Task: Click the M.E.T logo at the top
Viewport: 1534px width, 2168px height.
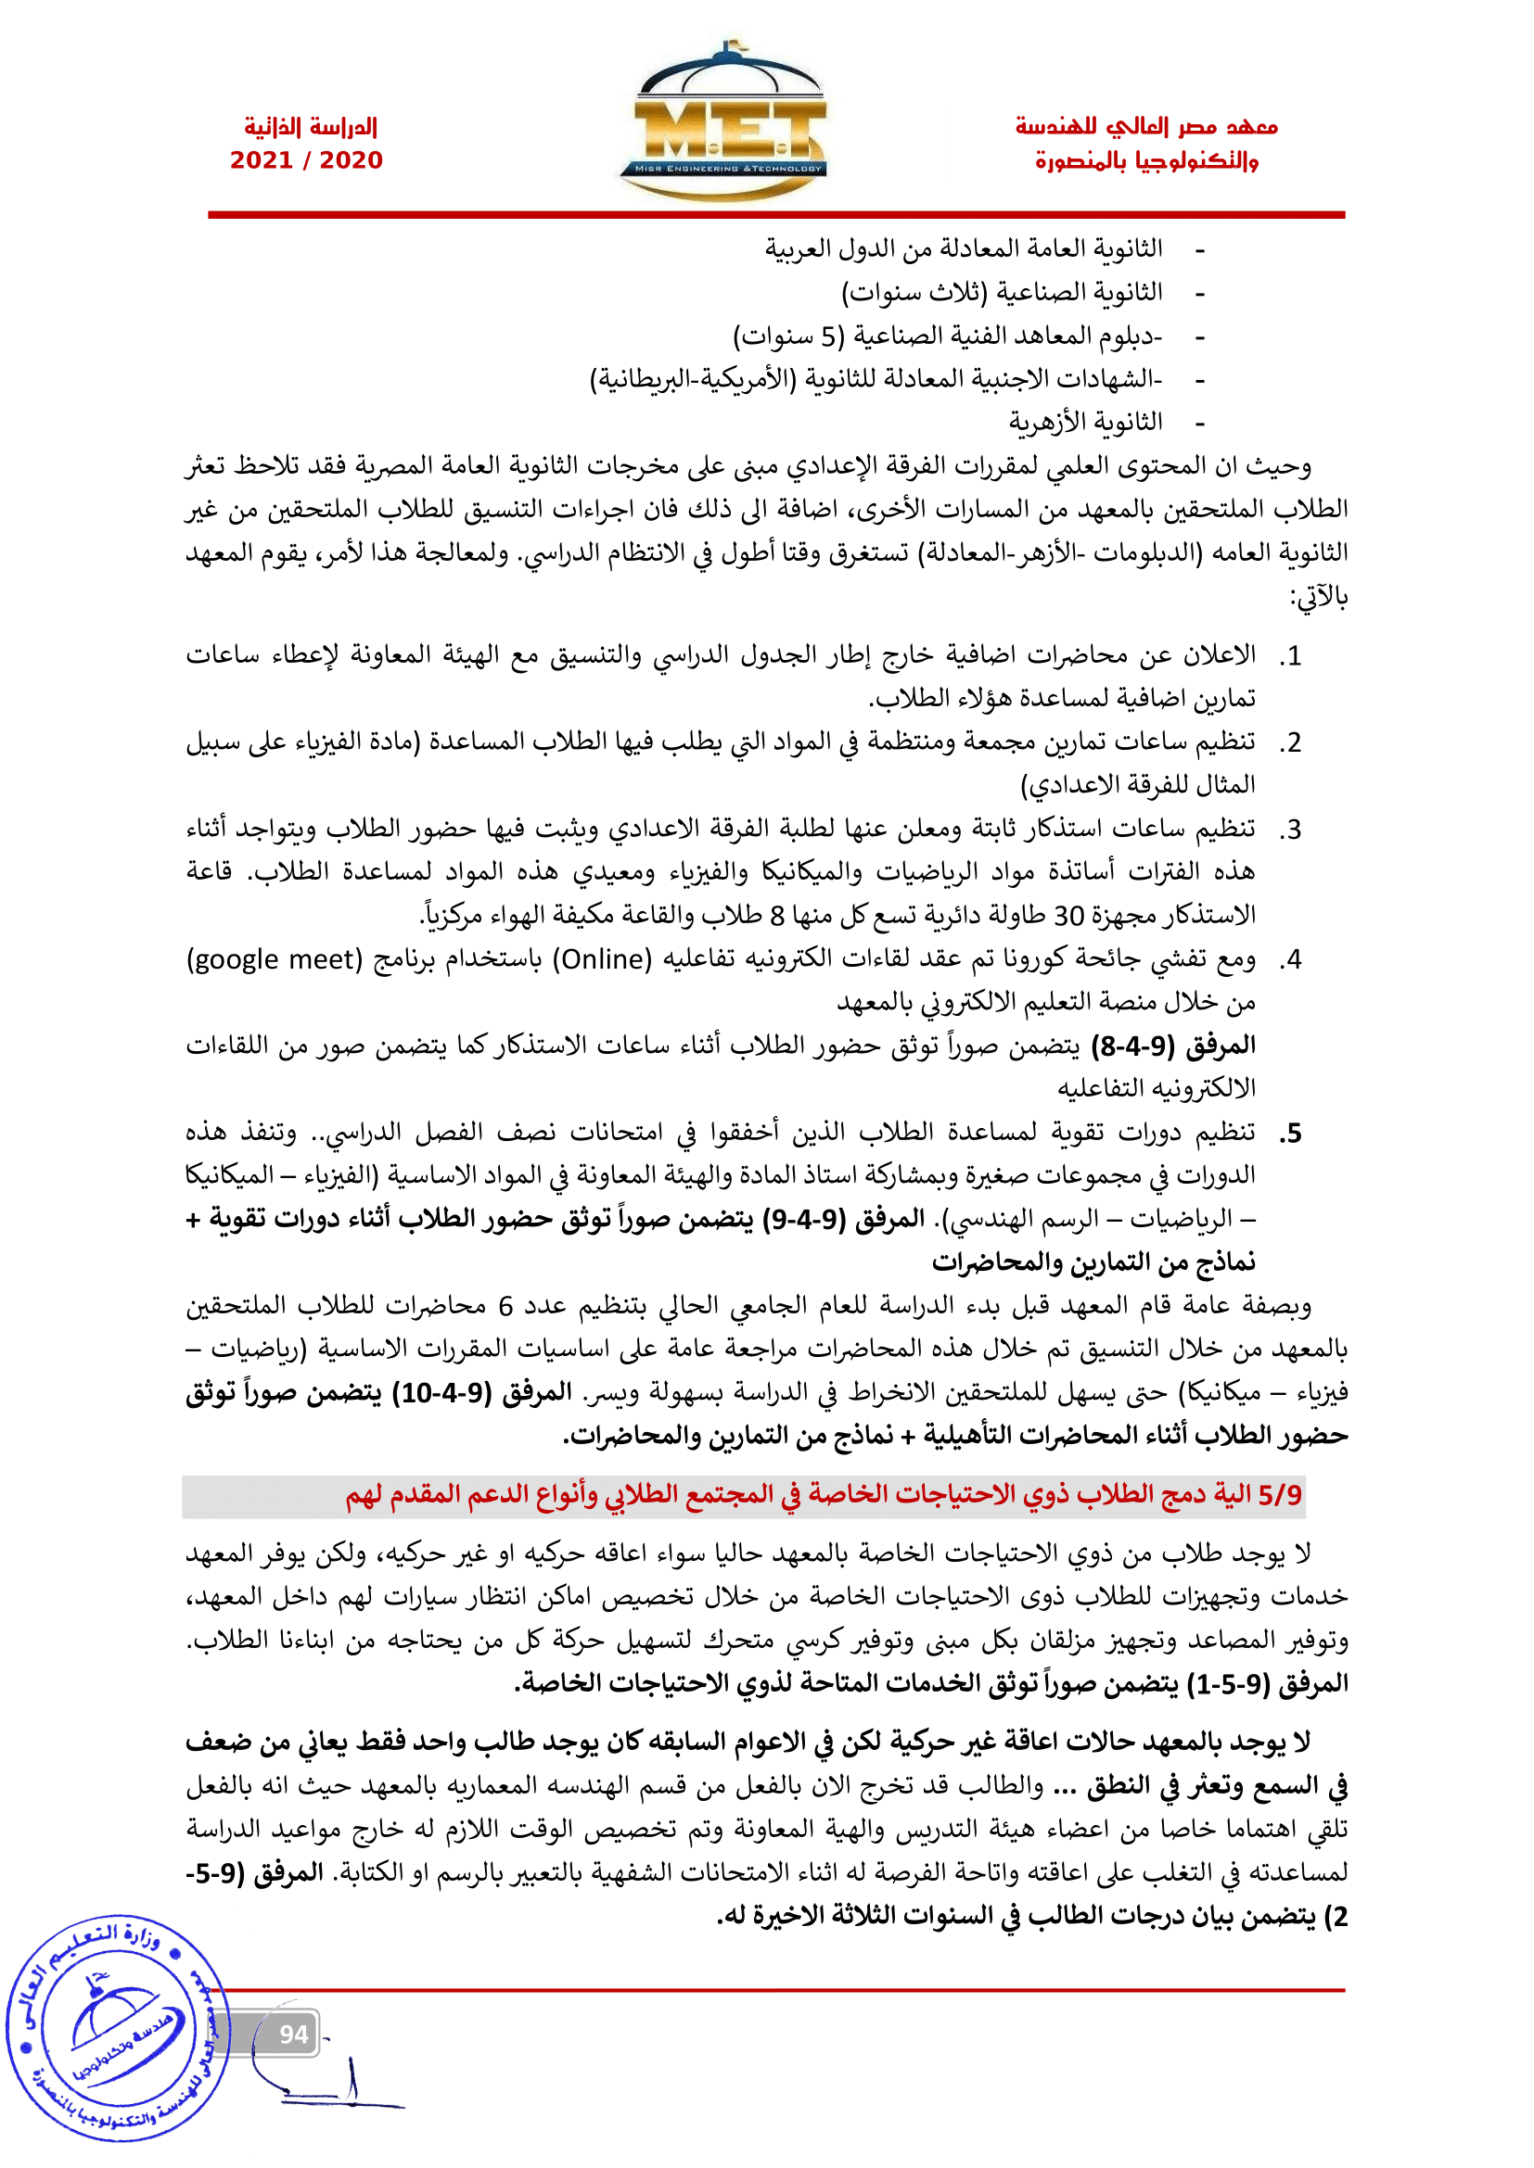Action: [723, 122]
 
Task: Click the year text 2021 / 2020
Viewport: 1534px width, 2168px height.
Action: [306, 160]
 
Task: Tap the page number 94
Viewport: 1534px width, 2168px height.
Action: [293, 2034]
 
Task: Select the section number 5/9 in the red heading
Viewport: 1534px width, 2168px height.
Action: [1279, 1495]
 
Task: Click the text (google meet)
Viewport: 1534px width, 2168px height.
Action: [275, 959]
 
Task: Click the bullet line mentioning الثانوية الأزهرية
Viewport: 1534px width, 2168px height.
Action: [1085, 422]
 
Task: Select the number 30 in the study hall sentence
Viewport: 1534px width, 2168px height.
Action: [1068, 916]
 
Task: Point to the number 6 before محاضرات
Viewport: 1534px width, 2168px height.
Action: [505, 1307]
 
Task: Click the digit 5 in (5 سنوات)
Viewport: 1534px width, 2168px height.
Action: [828, 337]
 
